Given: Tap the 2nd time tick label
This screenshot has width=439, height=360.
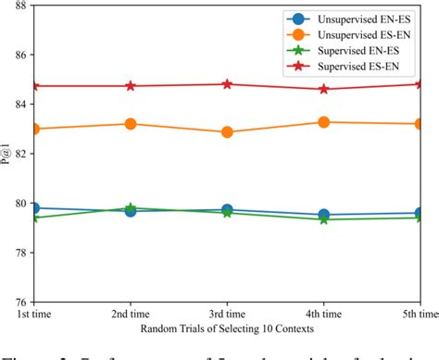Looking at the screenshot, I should pyautogui.click(x=131, y=317).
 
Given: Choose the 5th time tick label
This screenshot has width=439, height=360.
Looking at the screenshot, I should pyautogui.click(x=414, y=317).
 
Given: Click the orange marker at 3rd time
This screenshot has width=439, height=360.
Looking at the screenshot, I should pyautogui.click(x=227, y=132).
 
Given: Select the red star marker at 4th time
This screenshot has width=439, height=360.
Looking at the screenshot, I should pyautogui.click(x=323, y=89).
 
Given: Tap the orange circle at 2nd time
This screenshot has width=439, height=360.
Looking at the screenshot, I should pyautogui.click(x=131, y=124).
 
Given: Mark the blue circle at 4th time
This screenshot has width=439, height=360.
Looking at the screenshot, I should pyautogui.click(x=323, y=215).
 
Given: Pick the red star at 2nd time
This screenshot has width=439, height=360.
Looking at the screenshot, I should pyautogui.click(x=131, y=86).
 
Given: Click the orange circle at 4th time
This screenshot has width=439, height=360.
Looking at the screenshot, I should pyautogui.click(x=323, y=122).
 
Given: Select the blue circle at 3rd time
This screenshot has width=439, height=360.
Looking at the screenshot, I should pyautogui.click(x=227, y=210).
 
